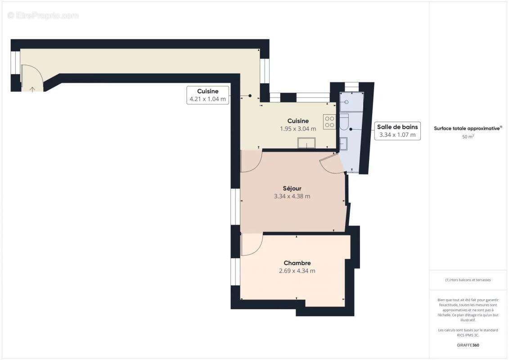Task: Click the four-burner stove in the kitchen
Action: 329,121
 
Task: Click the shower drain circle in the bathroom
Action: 347,102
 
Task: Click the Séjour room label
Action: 292,188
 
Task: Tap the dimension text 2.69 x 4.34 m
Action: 297,271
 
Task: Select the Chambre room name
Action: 297,263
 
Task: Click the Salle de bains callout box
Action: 397,130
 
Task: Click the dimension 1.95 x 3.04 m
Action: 298,129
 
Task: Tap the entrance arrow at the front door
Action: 32,89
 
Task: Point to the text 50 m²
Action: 468,136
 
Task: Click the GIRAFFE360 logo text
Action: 468,346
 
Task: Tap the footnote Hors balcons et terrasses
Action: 468,280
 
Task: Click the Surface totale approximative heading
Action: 468,128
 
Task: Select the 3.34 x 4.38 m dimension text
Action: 292,196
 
